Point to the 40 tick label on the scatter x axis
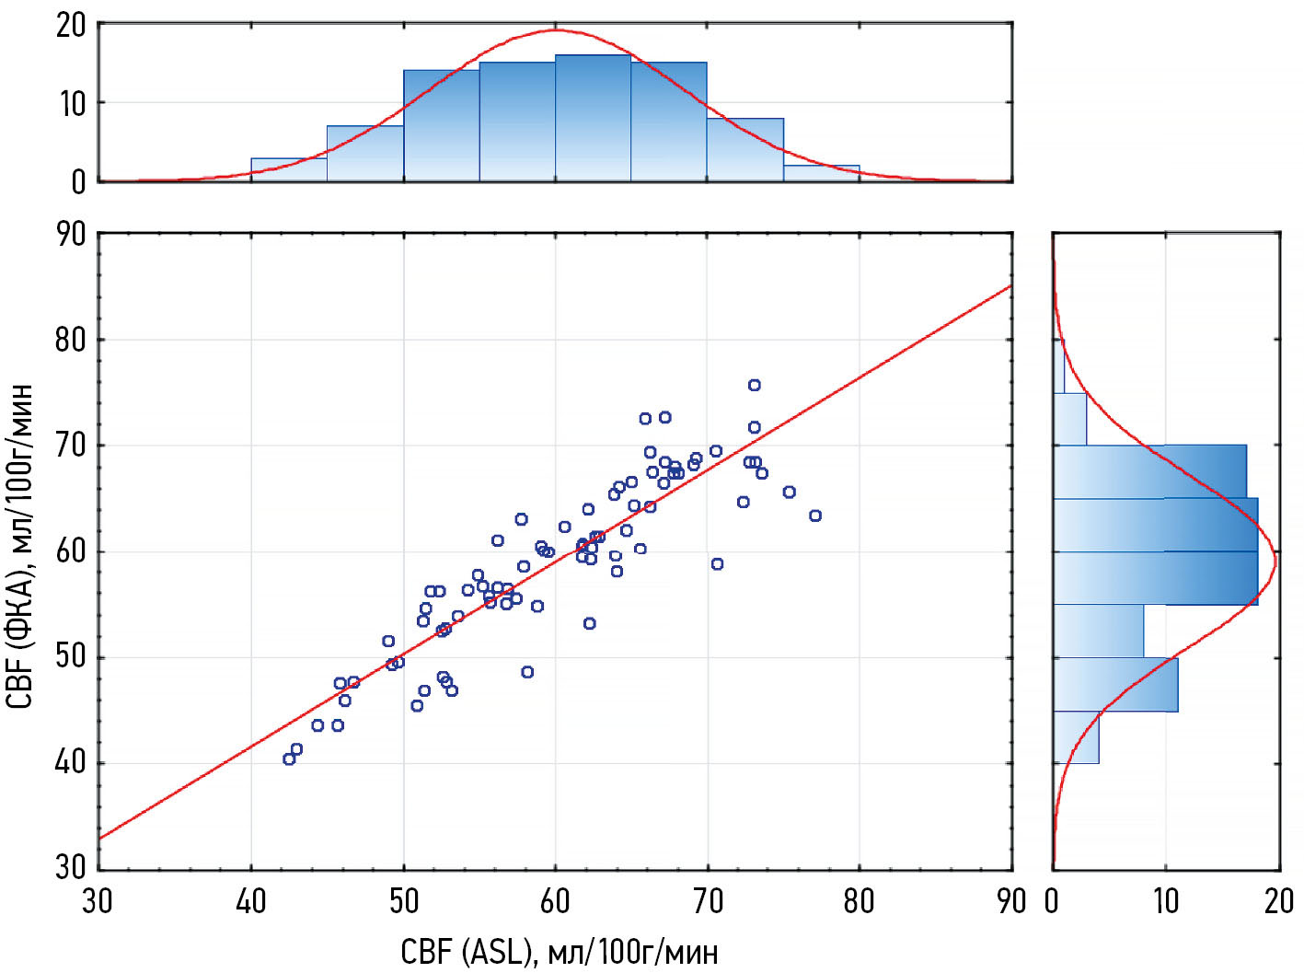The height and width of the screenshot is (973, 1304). pyautogui.click(x=251, y=901)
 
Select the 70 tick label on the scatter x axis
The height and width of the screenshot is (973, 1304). pyautogui.click(x=708, y=901)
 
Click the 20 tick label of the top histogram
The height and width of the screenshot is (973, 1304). pyautogui.click(x=70, y=25)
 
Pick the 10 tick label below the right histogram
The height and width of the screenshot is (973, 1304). pyautogui.click(x=1165, y=901)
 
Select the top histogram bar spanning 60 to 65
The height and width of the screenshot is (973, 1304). pyautogui.click(x=593, y=118)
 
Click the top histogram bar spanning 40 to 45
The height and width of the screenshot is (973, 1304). pyautogui.click(x=289, y=169)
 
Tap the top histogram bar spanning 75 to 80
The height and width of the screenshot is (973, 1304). pyautogui.click(x=821, y=173)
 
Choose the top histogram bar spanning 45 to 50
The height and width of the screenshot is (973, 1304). pyautogui.click(x=365, y=153)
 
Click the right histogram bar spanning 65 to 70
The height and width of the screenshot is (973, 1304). pyautogui.click(x=1149, y=471)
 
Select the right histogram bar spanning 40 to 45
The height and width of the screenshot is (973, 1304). pyautogui.click(x=1076, y=736)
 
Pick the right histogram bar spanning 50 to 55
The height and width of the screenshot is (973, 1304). pyautogui.click(x=1098, y=631)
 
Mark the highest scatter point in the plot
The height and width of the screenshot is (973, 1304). pyautogui.click(x=755, y=385)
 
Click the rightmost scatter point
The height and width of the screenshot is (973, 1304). pyautogui.click(x=815, y=515)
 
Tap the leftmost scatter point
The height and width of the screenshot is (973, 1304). pyautogui.click(x=289, y=759)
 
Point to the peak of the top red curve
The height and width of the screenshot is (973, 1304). pyautogui.click(x=555, y=30)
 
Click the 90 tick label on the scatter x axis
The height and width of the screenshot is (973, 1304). pyautogui.click(x=1011, y=901)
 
